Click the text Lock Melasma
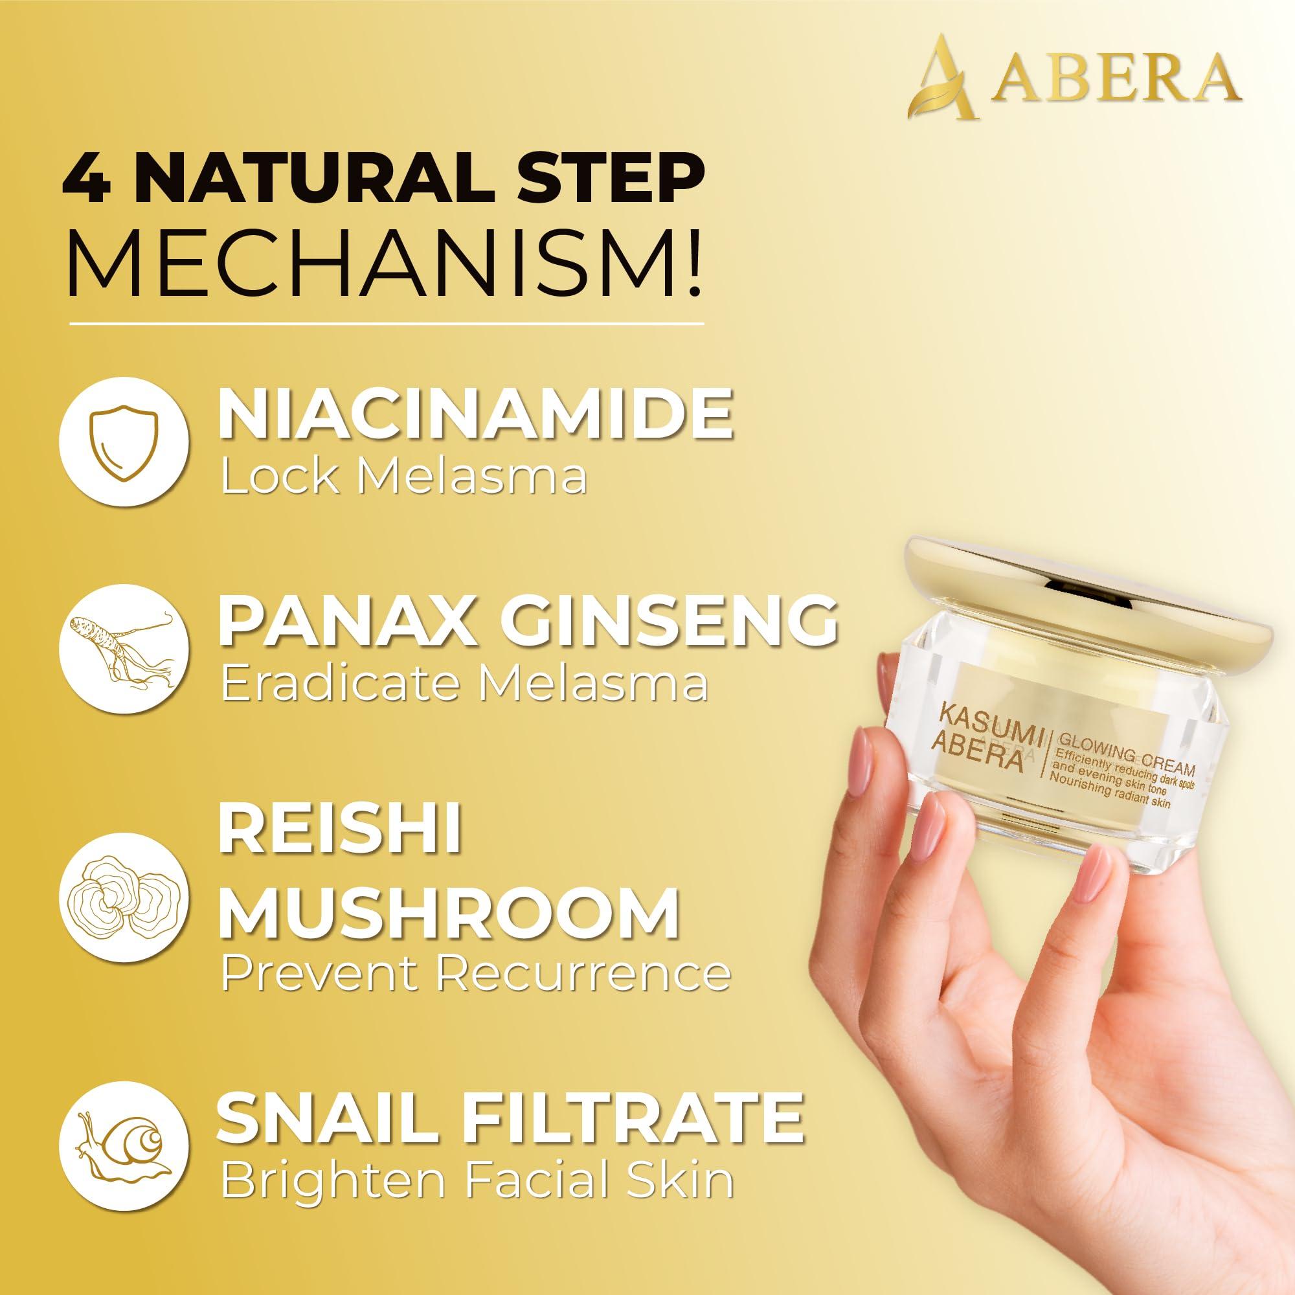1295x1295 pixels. [x=404, y=477]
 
